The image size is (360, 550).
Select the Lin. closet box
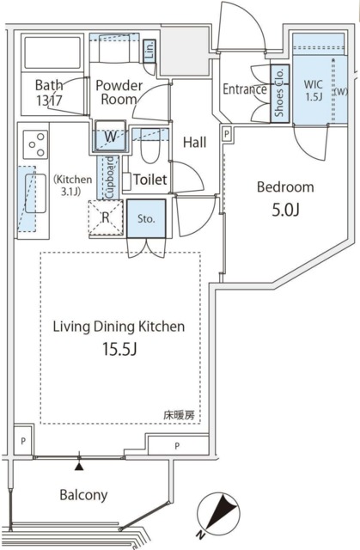[x=149, y=50]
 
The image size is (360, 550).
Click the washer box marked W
[x=110, y=137]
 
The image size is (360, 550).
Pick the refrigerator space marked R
[x=105, y=217]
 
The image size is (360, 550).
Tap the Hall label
[x=195, y=143]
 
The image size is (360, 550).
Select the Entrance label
[x=244, y=89]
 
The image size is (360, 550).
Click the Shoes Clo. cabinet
[x=278, y=92]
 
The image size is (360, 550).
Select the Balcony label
[x=83, y=495]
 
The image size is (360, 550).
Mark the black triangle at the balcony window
[x=80, y=466]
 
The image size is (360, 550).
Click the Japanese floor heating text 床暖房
[x=180, y=415]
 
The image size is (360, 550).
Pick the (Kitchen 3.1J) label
[x=72, y=186]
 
